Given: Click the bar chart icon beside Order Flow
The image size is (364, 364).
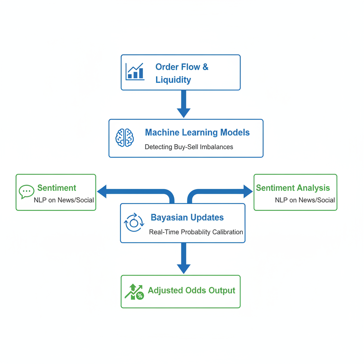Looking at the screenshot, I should click(135, 72).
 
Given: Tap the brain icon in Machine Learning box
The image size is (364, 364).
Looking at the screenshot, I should click(125, 138).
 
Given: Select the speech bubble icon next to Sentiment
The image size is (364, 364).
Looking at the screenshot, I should click(26, 192).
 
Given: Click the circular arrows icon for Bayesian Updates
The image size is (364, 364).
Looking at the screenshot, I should click(134, 223).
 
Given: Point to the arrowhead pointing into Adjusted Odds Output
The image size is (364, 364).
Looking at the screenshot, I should click(183, 268).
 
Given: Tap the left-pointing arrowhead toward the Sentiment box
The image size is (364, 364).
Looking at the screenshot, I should click(102, 192).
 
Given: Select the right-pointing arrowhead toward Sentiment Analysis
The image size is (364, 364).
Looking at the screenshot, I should click(247, 192).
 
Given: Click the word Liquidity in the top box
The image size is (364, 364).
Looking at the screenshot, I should click(173, 80).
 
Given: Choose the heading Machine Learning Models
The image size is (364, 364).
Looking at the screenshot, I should click(197, 133).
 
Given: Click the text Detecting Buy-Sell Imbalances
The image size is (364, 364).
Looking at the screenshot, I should click(189, 147).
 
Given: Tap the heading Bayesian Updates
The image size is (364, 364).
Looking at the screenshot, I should click(187, 218).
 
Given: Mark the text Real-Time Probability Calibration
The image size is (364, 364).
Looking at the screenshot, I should click(196, 232).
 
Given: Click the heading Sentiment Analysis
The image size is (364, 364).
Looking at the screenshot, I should click(293, 188).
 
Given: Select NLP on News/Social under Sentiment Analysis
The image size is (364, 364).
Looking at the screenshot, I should click(305, 200).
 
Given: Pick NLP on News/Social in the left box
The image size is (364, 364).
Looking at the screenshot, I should click(64, 200).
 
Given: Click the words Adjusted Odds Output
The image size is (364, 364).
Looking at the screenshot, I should click(191, 290).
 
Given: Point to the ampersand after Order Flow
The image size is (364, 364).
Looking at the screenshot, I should click(205, 67).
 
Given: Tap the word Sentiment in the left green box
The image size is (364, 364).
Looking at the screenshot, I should click(57, 188).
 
